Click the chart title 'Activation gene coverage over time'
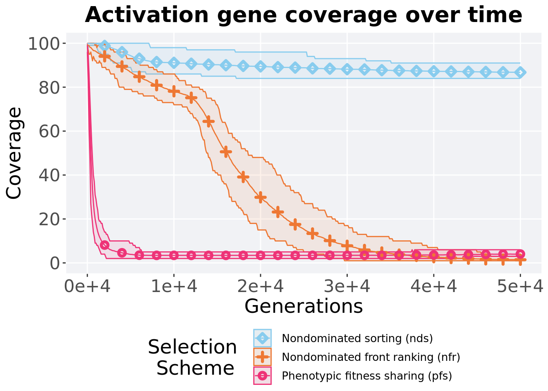303,15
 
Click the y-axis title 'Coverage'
14,153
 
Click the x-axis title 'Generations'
303,306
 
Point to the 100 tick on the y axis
44,44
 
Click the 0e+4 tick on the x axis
87,287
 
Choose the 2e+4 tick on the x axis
261,287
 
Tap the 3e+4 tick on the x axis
347,287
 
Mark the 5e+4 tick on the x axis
520,287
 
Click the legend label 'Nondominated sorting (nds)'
357,338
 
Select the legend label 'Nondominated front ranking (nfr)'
371,357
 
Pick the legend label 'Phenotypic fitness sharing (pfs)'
367,376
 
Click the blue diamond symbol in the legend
262,338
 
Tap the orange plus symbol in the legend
262,357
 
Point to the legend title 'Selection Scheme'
192,357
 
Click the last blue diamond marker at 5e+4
520,72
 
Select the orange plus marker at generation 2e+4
261,197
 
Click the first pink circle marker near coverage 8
105,245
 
